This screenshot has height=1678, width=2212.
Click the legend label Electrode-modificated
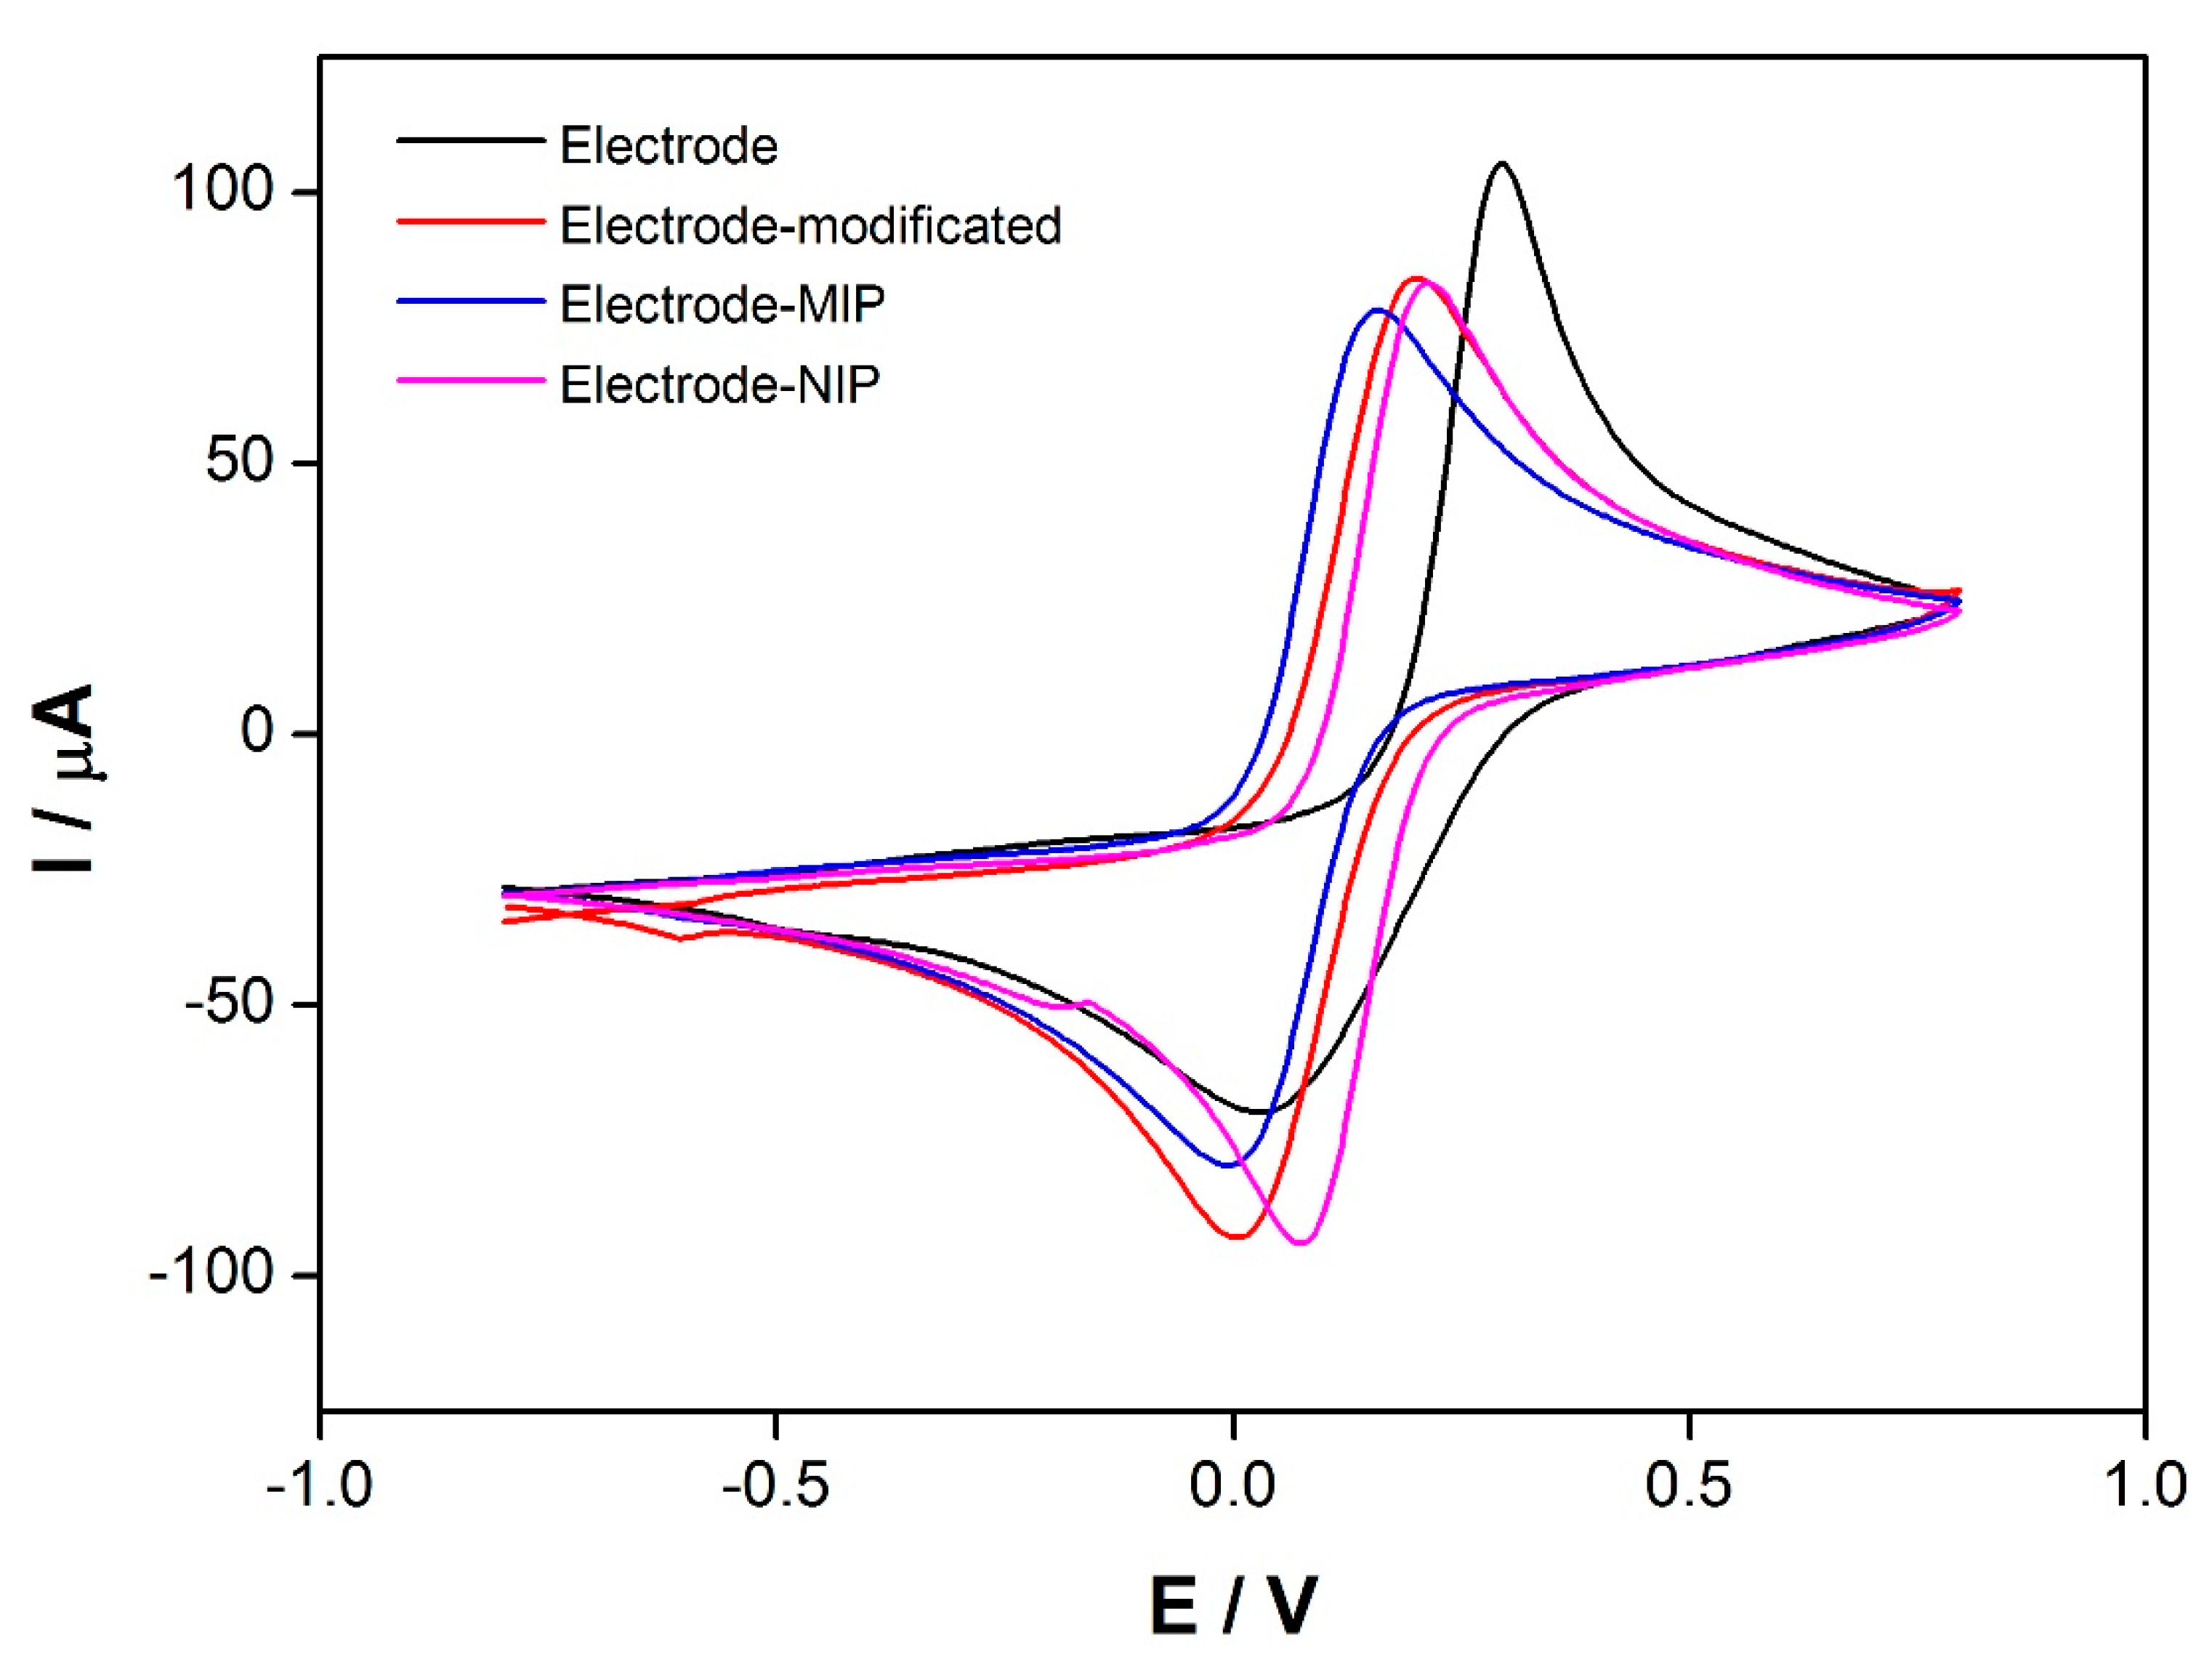tap(810, 226)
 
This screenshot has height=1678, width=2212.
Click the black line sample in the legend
tap(470, 140)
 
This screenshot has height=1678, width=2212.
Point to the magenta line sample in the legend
tap(470, 380)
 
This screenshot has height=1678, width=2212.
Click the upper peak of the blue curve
tap(1377, 310)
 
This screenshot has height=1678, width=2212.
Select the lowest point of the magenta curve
tap(1301, 1243)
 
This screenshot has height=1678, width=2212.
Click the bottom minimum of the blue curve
tap(1228, 1165)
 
